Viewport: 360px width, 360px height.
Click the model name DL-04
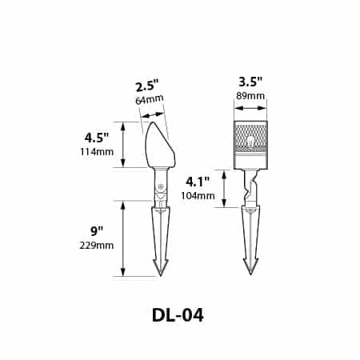[x=178, y=315]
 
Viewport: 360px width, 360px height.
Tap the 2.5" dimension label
[x=147, y=86]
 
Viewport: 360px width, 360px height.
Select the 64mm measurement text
[x=150, y=100]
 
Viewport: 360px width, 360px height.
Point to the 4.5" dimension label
[x=97, y=138]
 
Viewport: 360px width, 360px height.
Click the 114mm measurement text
[x=97, y=152]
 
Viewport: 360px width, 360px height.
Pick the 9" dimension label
[x=97, y=230]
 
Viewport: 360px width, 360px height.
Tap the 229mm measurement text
[x=97, y=245]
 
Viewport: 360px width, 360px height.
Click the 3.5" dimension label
[x=250, y=82]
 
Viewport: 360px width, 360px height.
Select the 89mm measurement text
[x=250, y=96]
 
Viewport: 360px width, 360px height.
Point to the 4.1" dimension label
[x=198, y=182]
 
